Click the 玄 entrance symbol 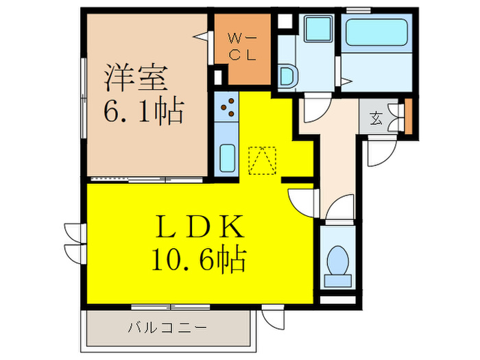(377, 117)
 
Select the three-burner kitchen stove (228, 107)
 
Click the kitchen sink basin (226, 158)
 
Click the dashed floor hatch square (262, 161)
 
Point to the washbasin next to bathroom (287, 76)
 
